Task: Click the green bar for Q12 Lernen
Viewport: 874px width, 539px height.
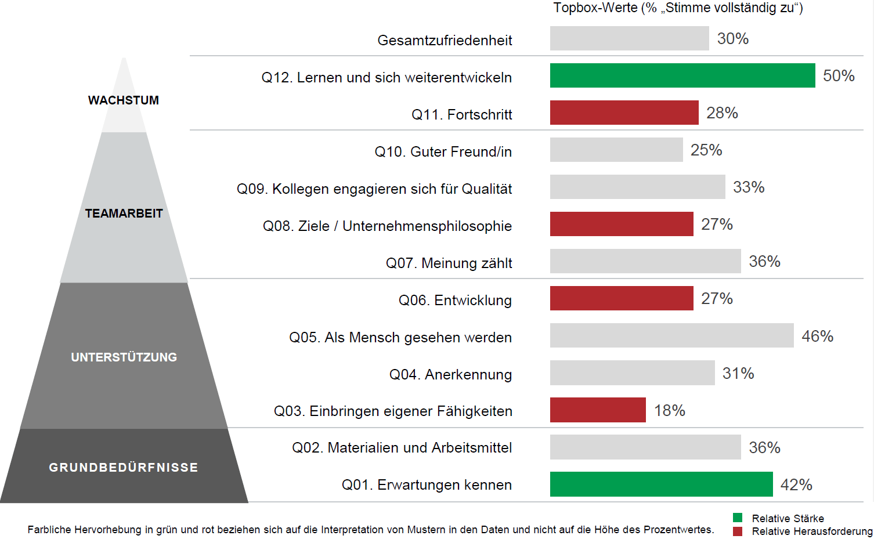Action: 682,75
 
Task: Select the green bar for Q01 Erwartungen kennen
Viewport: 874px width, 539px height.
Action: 661,484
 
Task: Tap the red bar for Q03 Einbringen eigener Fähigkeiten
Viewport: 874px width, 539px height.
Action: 598,410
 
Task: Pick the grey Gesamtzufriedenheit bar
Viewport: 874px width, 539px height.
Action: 629,38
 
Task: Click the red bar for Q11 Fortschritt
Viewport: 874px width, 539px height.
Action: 624,113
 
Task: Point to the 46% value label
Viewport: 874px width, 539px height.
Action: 817,336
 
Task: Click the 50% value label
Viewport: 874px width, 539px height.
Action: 839,75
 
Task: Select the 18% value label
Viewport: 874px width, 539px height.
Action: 669,410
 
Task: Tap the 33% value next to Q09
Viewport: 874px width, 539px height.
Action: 748,187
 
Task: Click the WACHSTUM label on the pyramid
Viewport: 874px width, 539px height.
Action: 124,100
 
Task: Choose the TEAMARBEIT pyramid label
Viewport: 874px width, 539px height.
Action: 124,214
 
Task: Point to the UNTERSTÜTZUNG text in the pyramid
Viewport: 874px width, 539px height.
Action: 124,357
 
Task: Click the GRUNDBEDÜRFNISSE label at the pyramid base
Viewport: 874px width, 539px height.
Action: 124,468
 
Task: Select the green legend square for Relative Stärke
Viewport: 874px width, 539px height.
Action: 738,518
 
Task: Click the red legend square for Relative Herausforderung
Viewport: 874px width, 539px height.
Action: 738,531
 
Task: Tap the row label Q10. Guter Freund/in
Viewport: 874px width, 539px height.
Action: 443,151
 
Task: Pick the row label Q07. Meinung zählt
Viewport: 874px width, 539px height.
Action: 449,263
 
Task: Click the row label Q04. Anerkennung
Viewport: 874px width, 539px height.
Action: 450,374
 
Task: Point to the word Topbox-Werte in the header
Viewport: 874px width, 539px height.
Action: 595,8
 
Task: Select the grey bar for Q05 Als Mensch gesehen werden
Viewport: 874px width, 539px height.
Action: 671,335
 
